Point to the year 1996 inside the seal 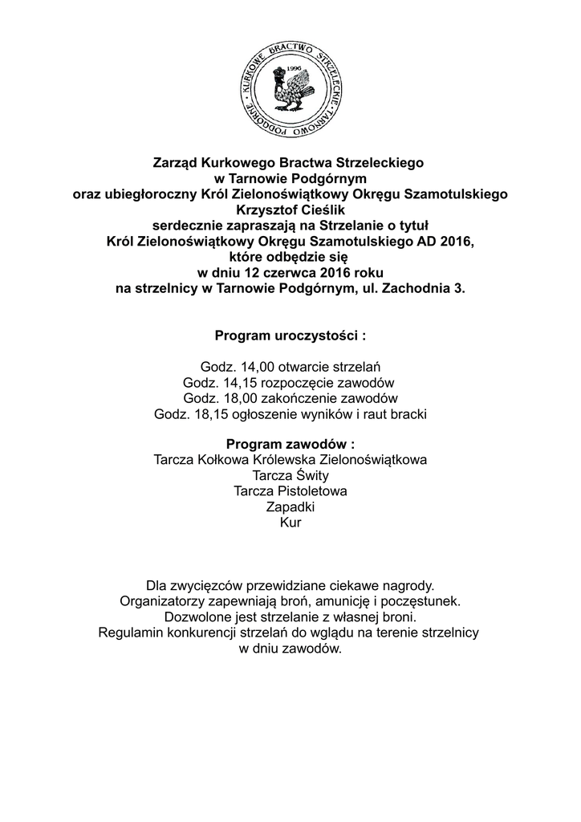coord(295,69)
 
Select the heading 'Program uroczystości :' coord(290,335)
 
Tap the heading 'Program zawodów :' coord(290,445)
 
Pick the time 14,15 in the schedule coord(234,383)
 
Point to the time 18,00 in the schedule coord(234,398)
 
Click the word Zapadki coord(290,507)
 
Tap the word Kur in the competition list coord(290,523)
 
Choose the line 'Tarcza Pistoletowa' coord(290,491)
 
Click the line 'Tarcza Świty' coord(290,476)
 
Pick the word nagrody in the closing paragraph coord(408,585)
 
